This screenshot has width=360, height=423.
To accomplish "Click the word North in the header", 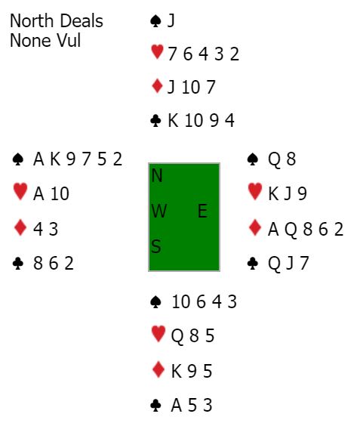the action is point(31,21).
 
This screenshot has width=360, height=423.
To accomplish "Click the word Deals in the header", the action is point(80,21).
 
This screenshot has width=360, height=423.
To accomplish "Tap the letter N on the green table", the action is point(157,175).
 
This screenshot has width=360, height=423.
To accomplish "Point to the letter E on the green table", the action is point(202,211).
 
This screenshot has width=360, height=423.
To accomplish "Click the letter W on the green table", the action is point(159,211).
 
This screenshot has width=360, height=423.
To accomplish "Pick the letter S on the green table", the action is point(156,246).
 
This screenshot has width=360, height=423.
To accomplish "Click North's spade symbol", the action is point(155,21).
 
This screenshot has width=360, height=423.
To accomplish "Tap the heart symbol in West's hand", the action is point(20,191).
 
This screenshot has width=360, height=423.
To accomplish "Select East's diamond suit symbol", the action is point(255,227).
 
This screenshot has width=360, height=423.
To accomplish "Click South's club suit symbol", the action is point(155,406).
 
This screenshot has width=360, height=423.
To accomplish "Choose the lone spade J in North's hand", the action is point(171,21).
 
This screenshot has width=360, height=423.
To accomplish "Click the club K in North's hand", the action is point(173,120).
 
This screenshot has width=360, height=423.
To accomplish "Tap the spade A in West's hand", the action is point(38,159).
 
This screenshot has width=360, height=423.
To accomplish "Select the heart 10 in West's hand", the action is point(60,193).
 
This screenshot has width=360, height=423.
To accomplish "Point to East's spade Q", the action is point(274,159).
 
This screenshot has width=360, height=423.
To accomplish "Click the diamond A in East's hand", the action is point(273,230).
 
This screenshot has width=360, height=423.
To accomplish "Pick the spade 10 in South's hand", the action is point(180,301).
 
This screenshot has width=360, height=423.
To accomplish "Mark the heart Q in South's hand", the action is point(177,336).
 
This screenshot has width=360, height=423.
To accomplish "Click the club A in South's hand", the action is point(177,405).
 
